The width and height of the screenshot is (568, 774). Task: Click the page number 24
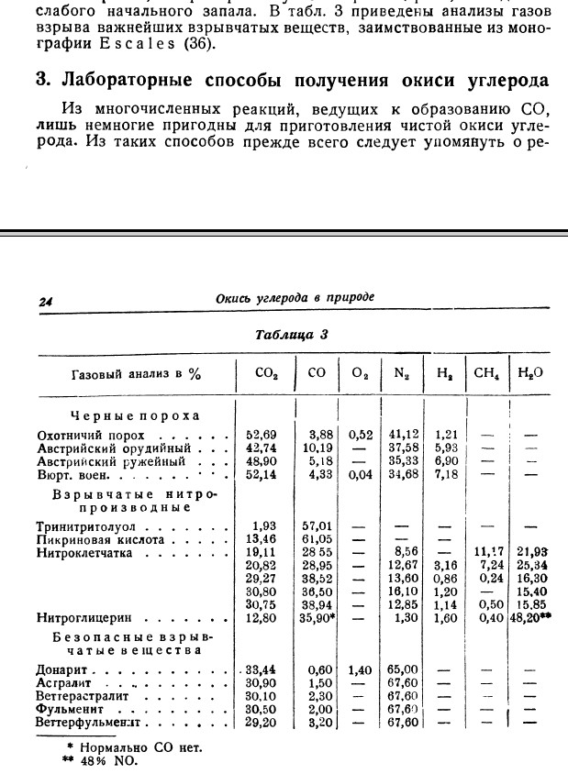coord(46,300)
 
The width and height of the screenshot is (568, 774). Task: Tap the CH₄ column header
coord(484,373)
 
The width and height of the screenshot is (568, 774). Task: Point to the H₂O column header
coord(530,373)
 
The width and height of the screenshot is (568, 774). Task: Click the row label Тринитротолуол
coord(84,527)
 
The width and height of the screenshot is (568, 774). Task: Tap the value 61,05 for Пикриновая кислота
coord(317,540)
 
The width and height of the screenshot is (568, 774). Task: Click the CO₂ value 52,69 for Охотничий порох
coord(262,433)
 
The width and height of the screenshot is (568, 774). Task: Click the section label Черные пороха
coord(135,415)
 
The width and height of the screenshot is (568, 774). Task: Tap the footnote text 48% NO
coord(109,759)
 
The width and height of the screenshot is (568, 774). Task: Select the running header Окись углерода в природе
coord(295,297)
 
